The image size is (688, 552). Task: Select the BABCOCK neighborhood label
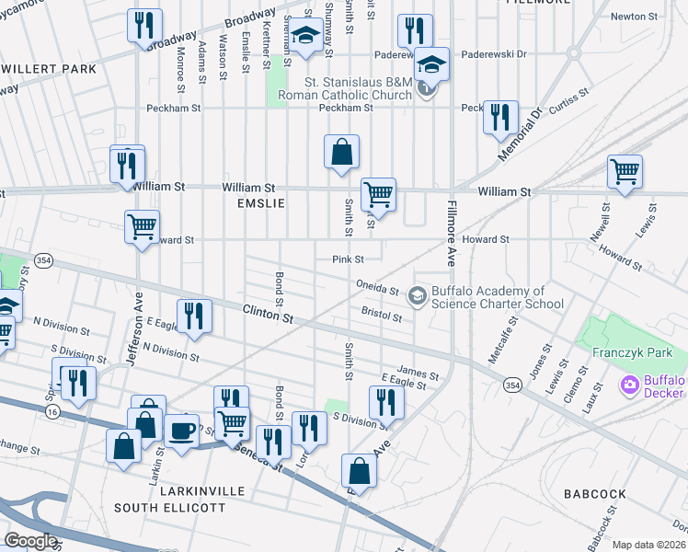pyautogui.click(x=595, y=494)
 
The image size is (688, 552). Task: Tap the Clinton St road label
pyautogui.click(x=268, y=314)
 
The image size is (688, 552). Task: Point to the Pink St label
pyautogui.click(x=349, y=259)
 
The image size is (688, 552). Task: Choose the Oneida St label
pyautogui.click(x=377, y=287)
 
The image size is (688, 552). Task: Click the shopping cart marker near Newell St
pyautogui.click(x=625, y=171)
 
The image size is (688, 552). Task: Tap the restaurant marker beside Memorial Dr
pyautogui.click(x=499, y=117)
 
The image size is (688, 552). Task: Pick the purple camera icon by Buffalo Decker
pyautogui.click(x=630, y=385)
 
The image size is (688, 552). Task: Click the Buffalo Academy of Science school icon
pyautogui.click(x=418, y=295)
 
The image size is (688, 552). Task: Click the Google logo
pyautogui.click(x=30, y=541)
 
